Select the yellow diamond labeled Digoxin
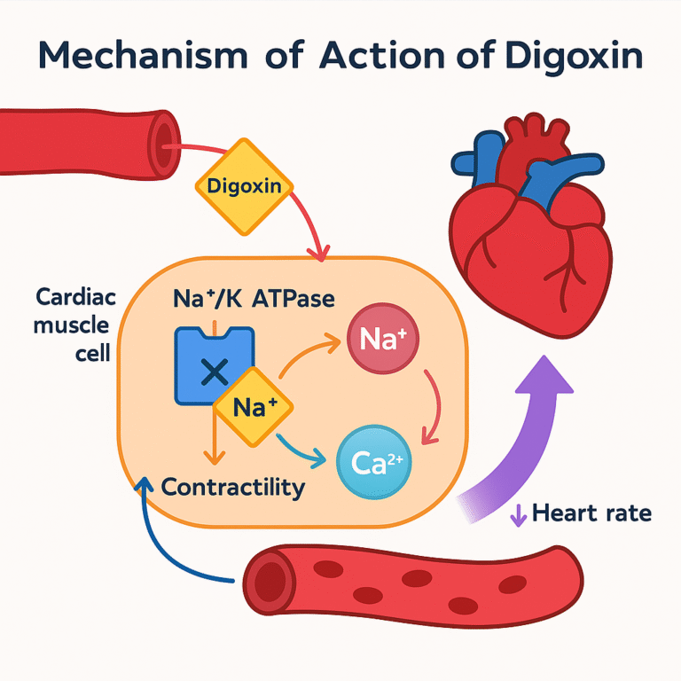[x=242, y=186]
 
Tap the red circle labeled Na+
[x=382, y=338]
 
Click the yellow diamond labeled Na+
[x=254, y=408]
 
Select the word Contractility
[x=233, y=487]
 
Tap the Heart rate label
[x=592, y=513]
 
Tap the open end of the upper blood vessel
[x=165, y=142]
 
